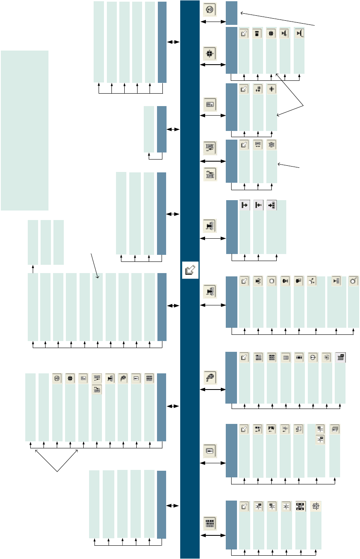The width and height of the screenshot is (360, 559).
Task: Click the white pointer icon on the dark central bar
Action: click(x=190, y=270)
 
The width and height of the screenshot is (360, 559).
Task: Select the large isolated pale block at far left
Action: click(x=24, y=130)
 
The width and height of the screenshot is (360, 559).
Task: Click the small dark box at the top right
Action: click(x=232, y=13)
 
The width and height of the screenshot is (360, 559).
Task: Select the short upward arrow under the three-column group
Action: click(x=33, y=269)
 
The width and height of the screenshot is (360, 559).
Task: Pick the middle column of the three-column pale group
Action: click(x=46, y=242)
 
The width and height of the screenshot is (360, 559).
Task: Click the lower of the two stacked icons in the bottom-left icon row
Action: click(x=97, y=389)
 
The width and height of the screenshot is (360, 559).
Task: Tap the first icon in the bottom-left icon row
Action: click(x=57, y=378)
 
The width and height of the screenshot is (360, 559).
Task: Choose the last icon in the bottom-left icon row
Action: click(x=149, y=378)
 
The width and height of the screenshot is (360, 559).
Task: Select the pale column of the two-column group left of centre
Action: click(x=149, y=129)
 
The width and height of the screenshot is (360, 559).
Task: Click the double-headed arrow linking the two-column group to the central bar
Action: click(x=173, y=130)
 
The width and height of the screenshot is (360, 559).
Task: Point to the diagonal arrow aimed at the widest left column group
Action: click(x=94, y=266)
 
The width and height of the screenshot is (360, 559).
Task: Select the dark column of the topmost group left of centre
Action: click(x=162, y=42)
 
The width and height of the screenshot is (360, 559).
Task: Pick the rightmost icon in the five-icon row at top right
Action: click(x=299, y=34)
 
